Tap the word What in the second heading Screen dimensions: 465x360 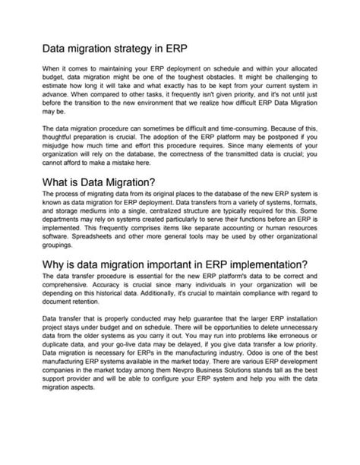coord(58,183)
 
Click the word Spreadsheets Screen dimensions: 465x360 coord(84,245)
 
